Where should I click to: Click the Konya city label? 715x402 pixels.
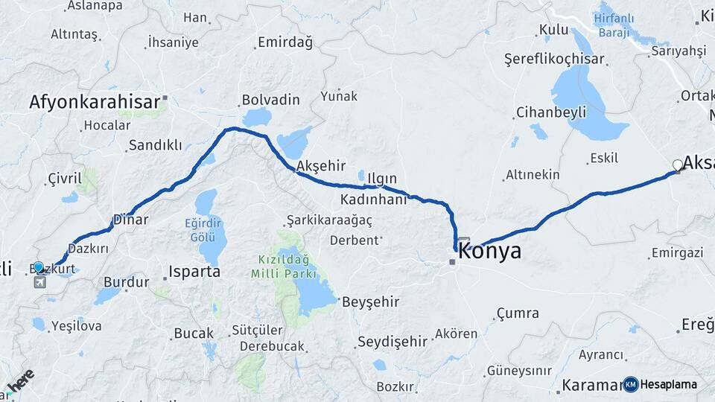[x=489, y=252]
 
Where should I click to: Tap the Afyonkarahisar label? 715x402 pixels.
[x=95, y=103]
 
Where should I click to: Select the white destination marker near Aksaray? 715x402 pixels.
[x=677, y=165]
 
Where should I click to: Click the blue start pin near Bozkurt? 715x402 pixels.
[x=39, y=267]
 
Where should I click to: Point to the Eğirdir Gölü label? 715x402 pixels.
[x=205, y=229]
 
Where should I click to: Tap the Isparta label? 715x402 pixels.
[x=194, y=272]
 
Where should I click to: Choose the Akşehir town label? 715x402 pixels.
[x=322, y=165]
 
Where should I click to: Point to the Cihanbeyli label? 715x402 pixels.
[x=551, y=112]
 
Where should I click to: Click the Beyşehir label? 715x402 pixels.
[x=371, y=302]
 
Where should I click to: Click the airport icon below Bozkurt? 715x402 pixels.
[x=39, y=282]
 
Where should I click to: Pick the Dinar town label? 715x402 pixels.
[x=130, y=220]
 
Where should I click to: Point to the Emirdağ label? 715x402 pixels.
[x=285, y=42]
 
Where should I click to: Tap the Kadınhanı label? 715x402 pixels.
[x=373, y=200]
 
